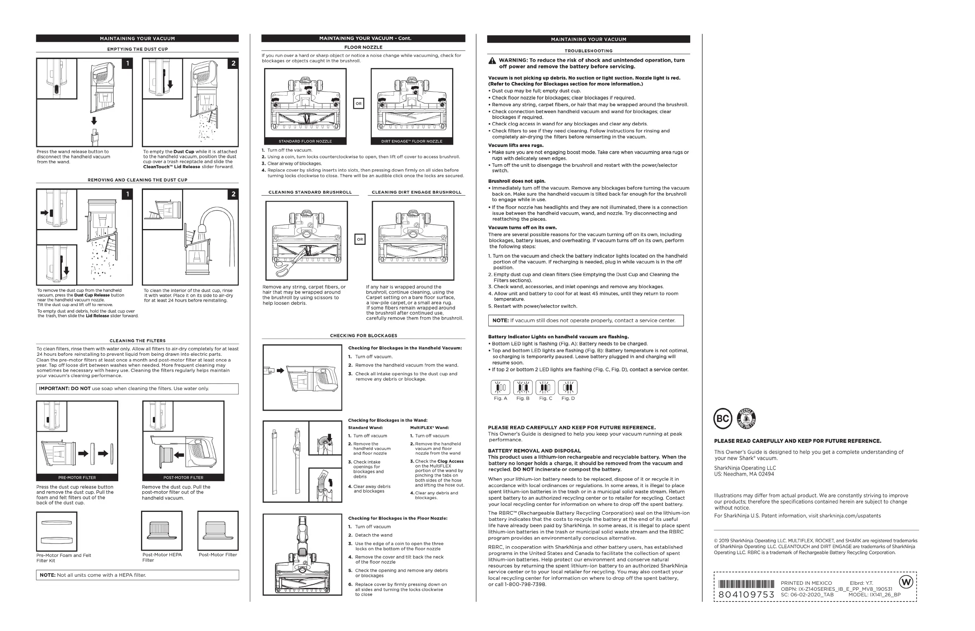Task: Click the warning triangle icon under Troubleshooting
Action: click(492, 61)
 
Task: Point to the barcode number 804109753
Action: click(746, 594)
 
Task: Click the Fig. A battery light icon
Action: click(500, 387)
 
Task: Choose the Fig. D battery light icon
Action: click(568, 387)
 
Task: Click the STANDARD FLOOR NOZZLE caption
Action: click(305, 141)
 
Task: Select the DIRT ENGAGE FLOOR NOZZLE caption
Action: click(412, 141)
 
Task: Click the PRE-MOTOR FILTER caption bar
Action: click(77, 477)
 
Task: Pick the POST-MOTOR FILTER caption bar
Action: click(183, 477)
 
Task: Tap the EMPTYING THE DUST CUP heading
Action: click(137, 49)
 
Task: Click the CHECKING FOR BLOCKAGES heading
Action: click(363, 335)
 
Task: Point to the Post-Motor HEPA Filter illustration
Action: click(162, 531)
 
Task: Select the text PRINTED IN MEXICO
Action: click(806, 583)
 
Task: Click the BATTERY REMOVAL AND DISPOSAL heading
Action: click(534, 451)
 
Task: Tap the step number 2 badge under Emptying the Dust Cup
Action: click(233, 63)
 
